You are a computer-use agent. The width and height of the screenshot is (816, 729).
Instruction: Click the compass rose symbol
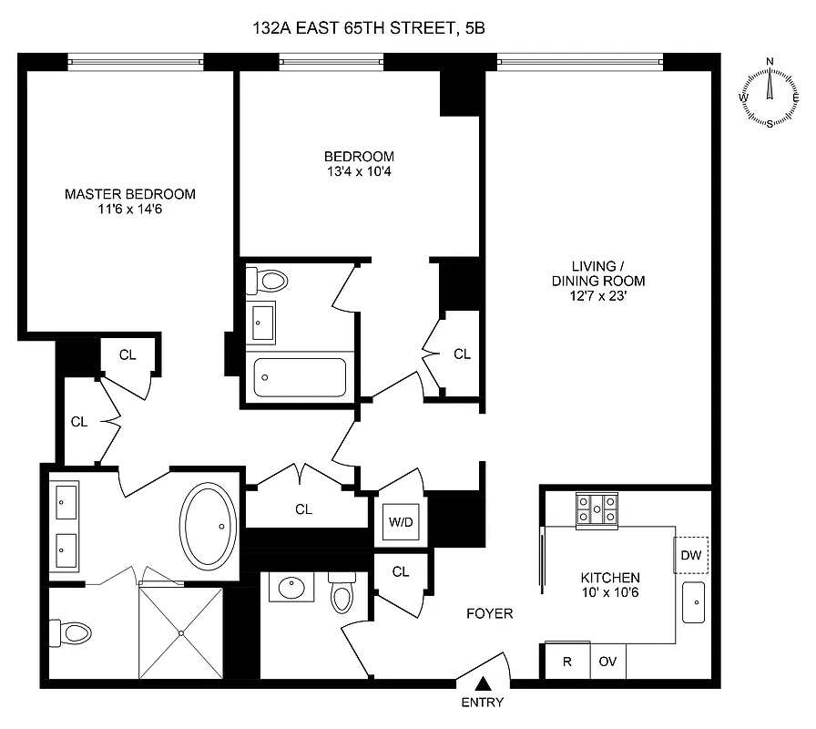click(x=770, y=93)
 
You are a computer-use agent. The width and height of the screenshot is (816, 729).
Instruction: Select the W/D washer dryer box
click(x=401, y=523)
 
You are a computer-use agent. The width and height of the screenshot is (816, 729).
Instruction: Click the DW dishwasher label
click(x=691, y=555)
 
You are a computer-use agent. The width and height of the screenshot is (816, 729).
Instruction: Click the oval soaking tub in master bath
click(x=210, y=526)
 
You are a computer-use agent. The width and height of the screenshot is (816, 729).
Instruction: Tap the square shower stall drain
click(x=180, y=632)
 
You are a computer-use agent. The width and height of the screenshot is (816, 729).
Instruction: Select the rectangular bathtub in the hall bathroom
click(x=300, y=377)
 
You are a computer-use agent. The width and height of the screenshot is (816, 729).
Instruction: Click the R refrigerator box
click(x=566, y=662)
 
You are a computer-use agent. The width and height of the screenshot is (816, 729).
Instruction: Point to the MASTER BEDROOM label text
click(x=129, y=194)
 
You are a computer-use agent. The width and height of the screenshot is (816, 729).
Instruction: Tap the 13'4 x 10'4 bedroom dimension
click(x=359, y=170)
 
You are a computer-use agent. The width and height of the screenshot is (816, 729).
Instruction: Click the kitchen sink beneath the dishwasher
click(x=695, y=602)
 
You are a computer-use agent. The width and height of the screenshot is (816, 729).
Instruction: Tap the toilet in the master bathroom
click(x=74, y=631)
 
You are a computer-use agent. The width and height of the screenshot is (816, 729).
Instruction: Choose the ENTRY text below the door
click(x=483, y=703)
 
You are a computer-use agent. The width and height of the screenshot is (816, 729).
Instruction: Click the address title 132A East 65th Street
click(x=368, y=28)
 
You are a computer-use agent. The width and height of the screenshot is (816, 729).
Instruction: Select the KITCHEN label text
click(x=610, y=578)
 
